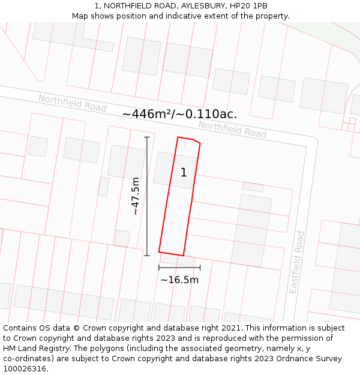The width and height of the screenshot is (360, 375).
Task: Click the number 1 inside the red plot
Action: pos(184,173)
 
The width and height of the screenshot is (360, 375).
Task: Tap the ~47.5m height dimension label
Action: pos(136,196)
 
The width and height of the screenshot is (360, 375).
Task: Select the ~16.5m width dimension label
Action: pos(179,280)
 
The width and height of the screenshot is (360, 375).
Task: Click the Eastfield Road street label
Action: pos(297,262)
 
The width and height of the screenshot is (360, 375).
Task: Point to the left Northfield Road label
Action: pos(72,103)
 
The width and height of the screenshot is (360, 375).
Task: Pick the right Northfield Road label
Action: pos(232,129)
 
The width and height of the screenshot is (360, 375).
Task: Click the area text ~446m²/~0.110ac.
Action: pos(179,114)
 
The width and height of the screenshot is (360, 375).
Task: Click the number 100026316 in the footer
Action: pos(24,369)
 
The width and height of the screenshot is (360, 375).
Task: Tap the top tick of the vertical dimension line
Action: pos(147,137)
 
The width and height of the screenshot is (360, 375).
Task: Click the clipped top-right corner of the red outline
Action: pos(197,142)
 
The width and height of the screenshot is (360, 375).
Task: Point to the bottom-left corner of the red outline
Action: pos(159,252)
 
